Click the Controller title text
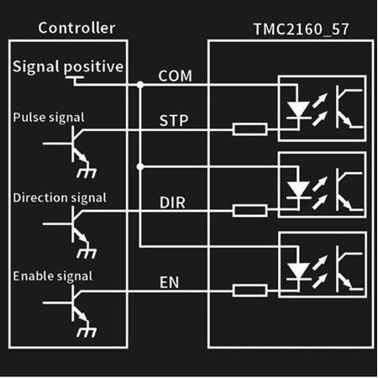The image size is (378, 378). coord(76,28)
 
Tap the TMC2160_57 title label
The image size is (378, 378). coord(302,29)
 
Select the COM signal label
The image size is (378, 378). coord(176,76)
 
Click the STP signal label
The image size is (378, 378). coord(174,121)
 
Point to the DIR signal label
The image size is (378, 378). coord(172,202)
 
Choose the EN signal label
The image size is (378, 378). coord(169,282)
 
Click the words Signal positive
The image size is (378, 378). coord(68,67)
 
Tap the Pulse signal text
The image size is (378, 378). coord(49,118)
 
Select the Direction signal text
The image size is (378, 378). coord(60,197)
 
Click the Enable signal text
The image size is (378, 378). coord(53,276)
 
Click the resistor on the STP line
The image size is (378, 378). coord(249,129)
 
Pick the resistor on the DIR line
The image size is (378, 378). coord(249,211)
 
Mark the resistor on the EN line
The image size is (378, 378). coord(249,291)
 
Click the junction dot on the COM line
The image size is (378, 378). coord(140,85)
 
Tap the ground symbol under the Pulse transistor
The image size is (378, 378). coord(87,173)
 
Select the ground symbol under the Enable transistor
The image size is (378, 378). coord(87,332)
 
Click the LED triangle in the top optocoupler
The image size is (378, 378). coord(298,109)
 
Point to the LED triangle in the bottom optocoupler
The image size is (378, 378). coord(298,270)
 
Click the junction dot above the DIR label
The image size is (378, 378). coord(140,167)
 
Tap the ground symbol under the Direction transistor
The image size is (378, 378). coord(87,253)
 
